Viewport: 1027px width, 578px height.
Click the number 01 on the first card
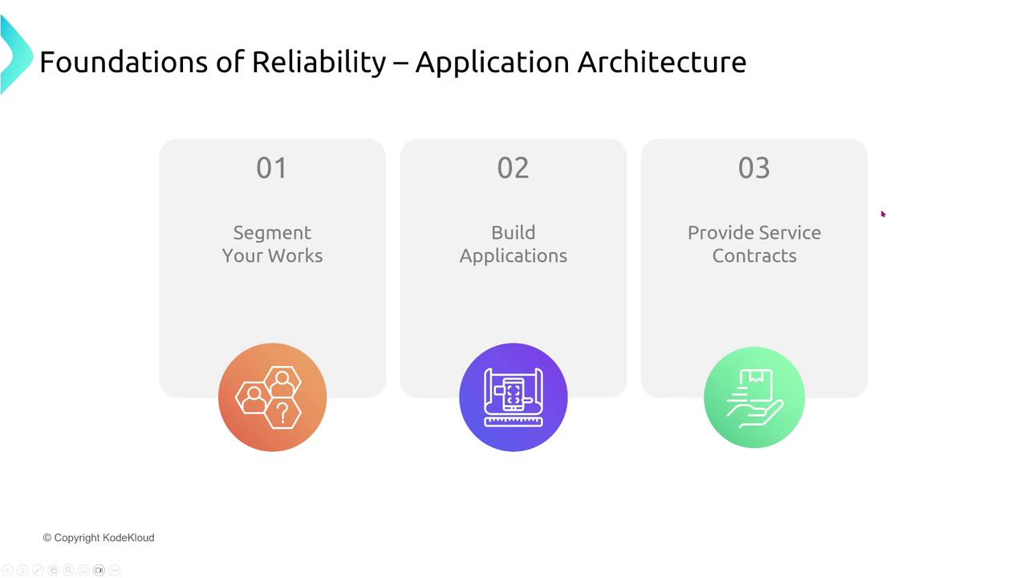click(271, 168)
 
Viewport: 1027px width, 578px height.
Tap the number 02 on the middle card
click(513, 168)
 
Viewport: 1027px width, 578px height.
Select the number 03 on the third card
click(754, 168)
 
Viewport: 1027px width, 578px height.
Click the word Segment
click(272, 233)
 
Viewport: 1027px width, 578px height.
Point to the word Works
click(295, 255)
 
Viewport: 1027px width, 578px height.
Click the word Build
click(513, 233)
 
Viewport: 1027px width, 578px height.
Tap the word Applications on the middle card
click(513, 256)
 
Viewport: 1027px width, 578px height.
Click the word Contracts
click(754, 256)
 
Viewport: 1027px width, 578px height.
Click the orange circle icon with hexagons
click(272, 397)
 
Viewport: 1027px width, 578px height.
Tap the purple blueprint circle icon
click(513, 397)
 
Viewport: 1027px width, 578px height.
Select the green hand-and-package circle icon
click(754, 397)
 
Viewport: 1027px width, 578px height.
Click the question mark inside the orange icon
click(282, 413)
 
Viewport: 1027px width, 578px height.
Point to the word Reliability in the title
click(319, 63)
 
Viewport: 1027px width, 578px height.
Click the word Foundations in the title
click(124, 62)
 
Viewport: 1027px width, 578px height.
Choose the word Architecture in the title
click(662, 62)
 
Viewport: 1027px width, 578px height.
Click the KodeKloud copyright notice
click(99, 538)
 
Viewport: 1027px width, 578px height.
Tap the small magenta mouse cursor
click(883, 214)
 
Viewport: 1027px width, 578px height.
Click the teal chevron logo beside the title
click(15, 55)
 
